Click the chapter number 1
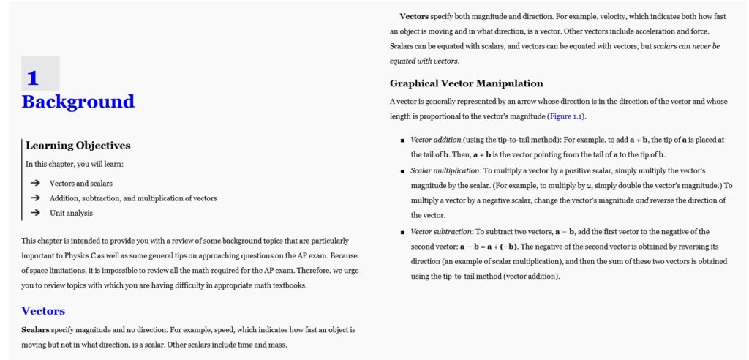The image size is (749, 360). tap(33, 78)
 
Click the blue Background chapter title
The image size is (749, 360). tap(78, 102)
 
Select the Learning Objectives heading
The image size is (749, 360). tap(78, 146)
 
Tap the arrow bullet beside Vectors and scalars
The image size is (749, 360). tap(35, 183)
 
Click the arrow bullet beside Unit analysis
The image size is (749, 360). tap(35, 213)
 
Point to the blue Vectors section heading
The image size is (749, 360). tap(43, 311)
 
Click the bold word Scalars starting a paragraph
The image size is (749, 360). tap(36, 330)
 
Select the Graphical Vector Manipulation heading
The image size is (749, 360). tap(466, 83)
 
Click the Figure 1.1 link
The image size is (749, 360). tap(566, 116)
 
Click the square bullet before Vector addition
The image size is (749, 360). tap(402, 140)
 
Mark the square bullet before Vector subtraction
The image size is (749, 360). tap(402, 232)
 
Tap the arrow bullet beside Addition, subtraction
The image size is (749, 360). tap(35, 198)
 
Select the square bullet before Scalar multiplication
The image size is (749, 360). tap(402, 170)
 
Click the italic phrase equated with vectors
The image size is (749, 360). tap(424, 61)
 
